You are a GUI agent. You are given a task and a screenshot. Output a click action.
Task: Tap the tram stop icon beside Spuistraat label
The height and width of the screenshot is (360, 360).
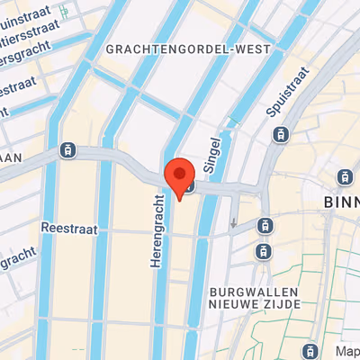pos(281,135)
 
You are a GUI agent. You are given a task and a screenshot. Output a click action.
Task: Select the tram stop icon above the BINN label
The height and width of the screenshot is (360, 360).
pos(342,175)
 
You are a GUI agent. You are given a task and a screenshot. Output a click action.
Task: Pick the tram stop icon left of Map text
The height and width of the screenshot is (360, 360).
pos(310,349)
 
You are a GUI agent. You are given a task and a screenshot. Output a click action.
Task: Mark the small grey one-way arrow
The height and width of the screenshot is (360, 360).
pos(234,222)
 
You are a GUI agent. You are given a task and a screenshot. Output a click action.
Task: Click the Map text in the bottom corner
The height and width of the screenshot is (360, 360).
pos(346,350)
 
